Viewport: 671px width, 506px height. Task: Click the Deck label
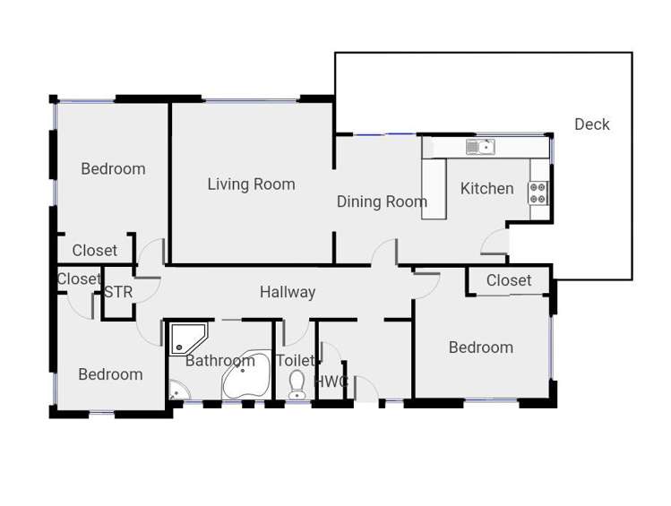tap(591, 124)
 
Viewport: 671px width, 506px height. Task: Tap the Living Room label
tap(251, 184)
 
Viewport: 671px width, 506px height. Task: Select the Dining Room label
tap(382, 202)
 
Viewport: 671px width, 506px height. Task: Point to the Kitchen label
tap(486, 188)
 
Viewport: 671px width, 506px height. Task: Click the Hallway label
tap(288, 292)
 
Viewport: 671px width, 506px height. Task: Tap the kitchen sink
tap(480, 147)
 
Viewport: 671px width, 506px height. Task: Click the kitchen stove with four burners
tap(538, 193)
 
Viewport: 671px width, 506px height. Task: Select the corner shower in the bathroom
tap(187, 338)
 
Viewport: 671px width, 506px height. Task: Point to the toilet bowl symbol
tap(297, 385)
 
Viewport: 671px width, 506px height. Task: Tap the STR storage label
tap(118, 292)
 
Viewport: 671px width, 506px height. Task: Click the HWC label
tap(332, 382)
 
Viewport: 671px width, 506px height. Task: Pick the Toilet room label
tap(295, 361)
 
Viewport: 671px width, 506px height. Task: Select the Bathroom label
tap(220, 361)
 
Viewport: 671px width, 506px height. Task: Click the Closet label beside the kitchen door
tap(509, 280)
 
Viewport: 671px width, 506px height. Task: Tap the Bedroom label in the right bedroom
tap(481, 347)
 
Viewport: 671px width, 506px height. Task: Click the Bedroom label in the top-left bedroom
tap(113, 168)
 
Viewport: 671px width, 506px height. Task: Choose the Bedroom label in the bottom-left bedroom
tap(110, 374)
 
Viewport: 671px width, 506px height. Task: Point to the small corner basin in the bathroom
tap(176, 391)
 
